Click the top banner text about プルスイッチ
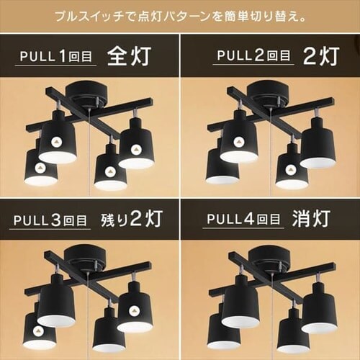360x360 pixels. coord(180,15)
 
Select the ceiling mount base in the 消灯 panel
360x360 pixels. coord(269,258)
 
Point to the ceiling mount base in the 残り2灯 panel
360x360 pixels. coord(87,258)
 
